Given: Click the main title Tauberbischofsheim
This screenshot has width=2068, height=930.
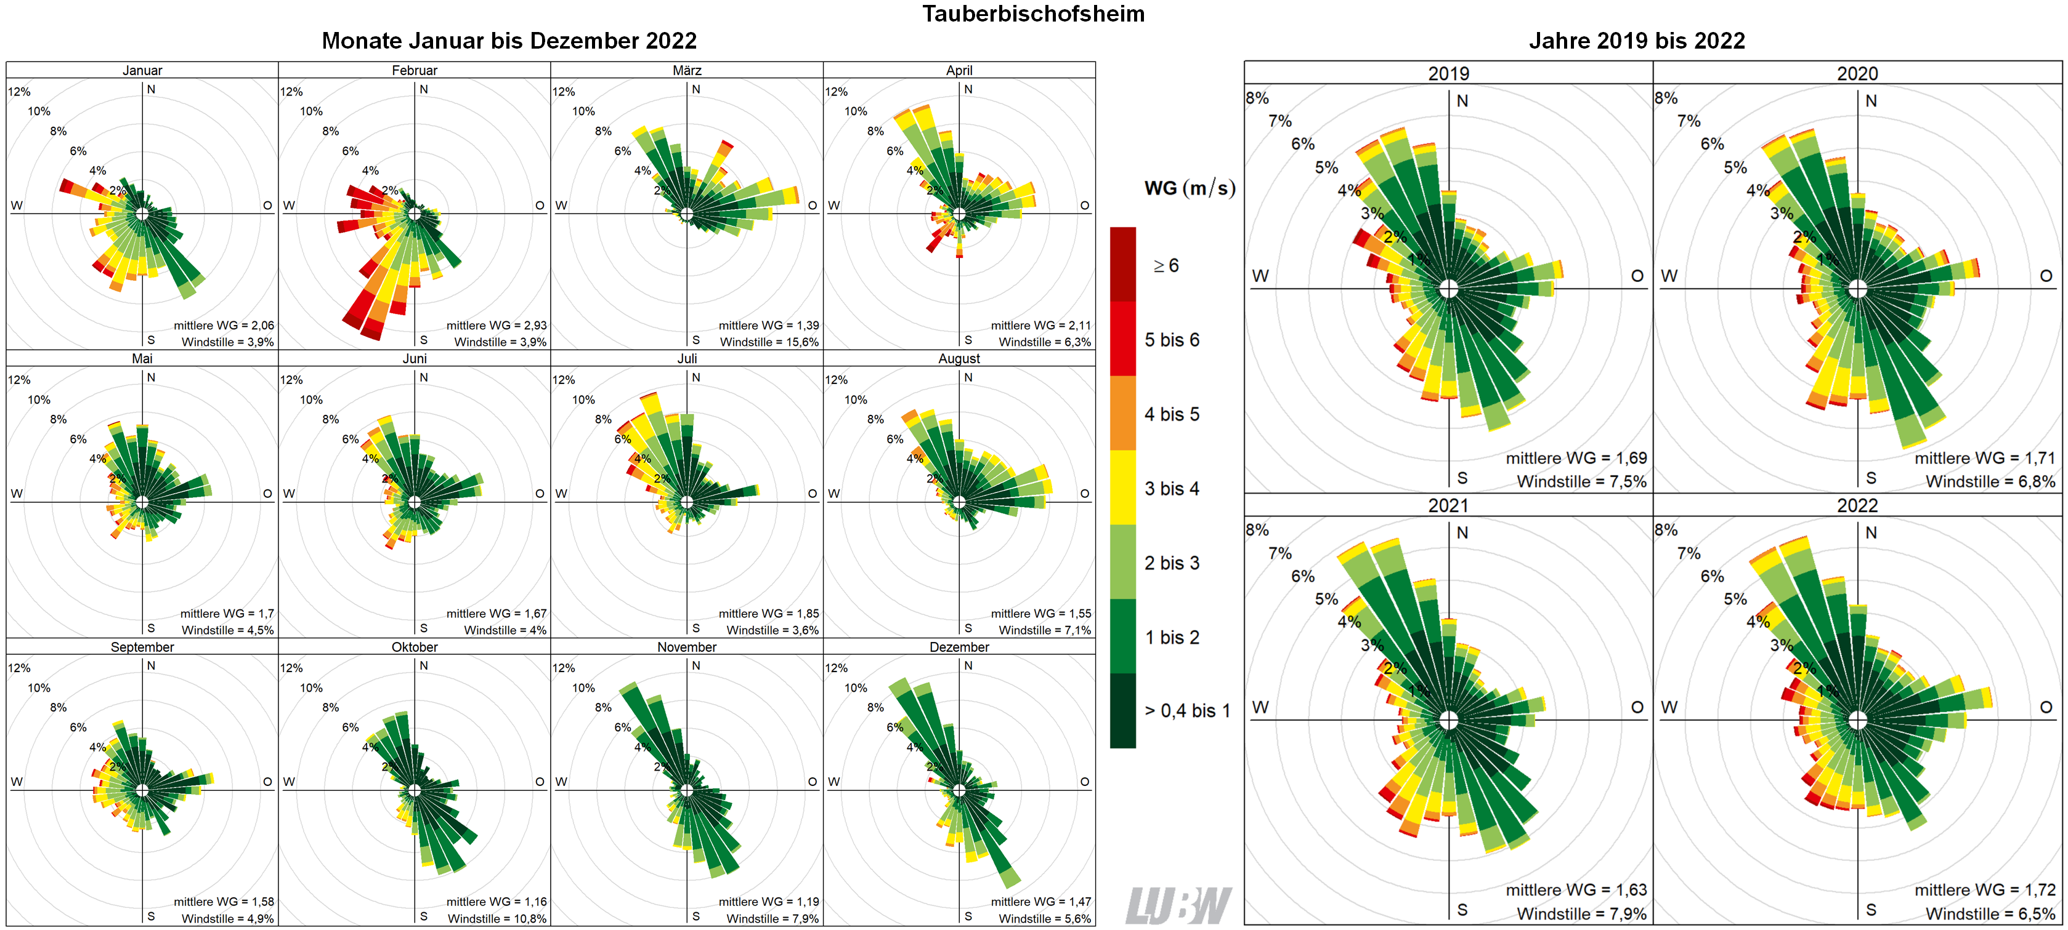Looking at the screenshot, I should (1033, 14).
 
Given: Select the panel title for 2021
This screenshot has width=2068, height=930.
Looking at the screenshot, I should (1448, 505).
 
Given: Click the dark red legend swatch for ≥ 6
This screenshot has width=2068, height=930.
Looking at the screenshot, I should (1122, 264).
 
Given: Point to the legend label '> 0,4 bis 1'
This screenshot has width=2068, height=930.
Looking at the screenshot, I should (1186, 711).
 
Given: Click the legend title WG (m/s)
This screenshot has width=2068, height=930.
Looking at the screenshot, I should (1189, 188).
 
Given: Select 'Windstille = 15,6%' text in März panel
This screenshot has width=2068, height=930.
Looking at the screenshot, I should (768, 342).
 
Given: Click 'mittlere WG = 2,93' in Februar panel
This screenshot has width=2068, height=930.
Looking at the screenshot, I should (496, 325).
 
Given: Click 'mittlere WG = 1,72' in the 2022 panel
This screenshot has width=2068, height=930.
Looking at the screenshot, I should (1984, 890).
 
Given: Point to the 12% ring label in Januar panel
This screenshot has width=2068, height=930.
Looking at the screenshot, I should (19, 92).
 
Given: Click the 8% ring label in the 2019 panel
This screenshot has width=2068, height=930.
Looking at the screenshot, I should (1257, 98).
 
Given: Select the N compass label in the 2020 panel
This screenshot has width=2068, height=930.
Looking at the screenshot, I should (1870, 101).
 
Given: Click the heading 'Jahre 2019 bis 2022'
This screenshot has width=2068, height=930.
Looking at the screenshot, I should (1636, 41).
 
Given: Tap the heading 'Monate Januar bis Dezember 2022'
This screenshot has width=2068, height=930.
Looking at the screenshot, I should (509, 41).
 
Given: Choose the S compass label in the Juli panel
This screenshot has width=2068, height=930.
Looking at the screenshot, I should (695, 628).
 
